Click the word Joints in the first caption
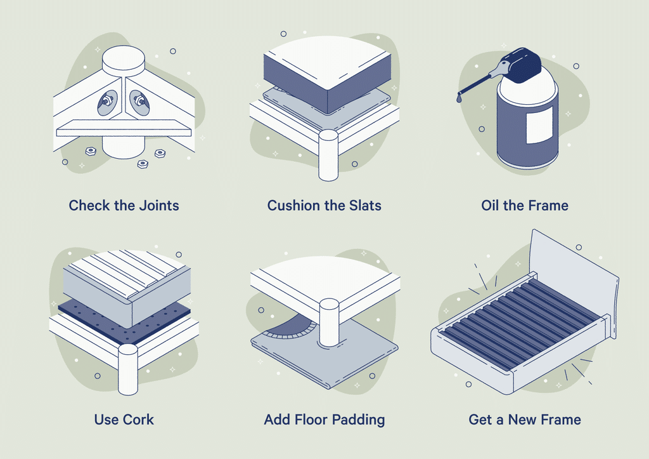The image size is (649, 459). (x=158, y=206)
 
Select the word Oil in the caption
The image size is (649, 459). (x=491, y=206)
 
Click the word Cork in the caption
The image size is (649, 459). (x=139, y=420)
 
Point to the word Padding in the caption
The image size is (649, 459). (x=359, y=420)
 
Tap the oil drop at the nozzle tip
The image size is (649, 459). (x=459, y=98)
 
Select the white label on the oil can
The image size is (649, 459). (x=539, y=124)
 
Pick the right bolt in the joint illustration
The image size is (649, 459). (x=138, y=101)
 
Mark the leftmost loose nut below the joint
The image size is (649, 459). (x=91, y=151)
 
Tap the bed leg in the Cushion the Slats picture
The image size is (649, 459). (x=328, y=156)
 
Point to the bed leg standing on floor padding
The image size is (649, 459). (x=329, y=321)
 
